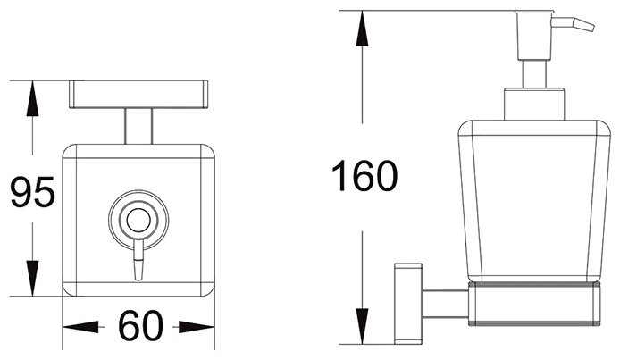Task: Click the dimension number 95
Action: click(32, 192)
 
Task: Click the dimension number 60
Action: click(140, 326)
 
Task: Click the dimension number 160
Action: click(364, 175)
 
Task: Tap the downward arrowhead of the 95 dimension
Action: click(32, 278)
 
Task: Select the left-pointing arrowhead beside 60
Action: click(80, 327)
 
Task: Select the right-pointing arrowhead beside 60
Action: click(197, 327)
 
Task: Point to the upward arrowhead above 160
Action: click(362, 29)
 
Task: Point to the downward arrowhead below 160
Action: click(362, 326)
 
